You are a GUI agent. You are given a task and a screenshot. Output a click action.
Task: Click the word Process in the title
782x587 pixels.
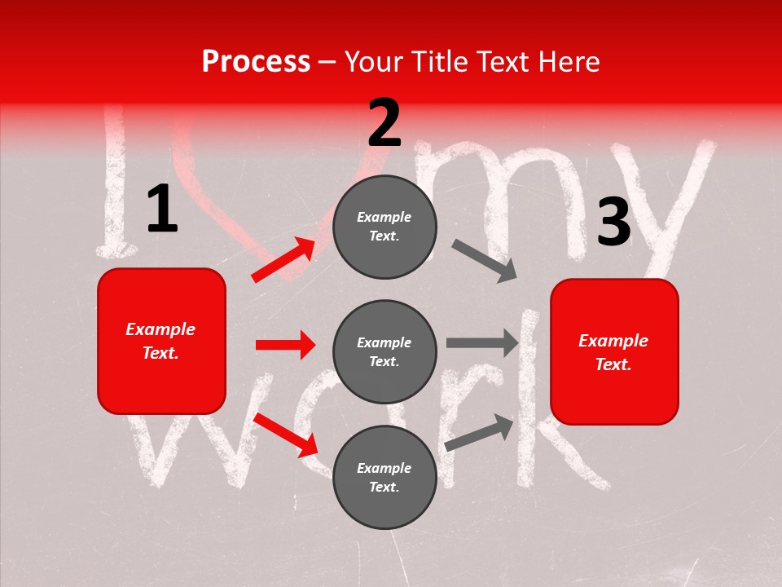256,62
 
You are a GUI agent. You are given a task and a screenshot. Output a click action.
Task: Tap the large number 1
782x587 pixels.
162,210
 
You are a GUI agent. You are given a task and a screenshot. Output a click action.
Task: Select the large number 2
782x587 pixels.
384,123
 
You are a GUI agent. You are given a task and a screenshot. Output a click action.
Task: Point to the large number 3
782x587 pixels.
613,223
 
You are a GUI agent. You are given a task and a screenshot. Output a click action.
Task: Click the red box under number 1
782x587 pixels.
161,341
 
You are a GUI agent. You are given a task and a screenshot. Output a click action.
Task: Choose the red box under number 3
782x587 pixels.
614,352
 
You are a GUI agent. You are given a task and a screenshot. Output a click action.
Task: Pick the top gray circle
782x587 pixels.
384,227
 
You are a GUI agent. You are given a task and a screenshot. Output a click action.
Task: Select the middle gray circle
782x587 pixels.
384,352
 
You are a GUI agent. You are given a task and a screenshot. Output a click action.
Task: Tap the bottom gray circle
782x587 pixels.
384,478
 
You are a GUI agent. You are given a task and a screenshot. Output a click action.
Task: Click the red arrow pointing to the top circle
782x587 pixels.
283,260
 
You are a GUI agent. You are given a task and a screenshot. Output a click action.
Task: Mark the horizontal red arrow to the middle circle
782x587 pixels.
285,345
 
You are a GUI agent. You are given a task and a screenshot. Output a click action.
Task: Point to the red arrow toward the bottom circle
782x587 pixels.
285,435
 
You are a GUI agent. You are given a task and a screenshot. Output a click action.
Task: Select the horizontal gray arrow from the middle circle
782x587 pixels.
482,343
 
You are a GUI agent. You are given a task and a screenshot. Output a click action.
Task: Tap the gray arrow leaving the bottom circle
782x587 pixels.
479,432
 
